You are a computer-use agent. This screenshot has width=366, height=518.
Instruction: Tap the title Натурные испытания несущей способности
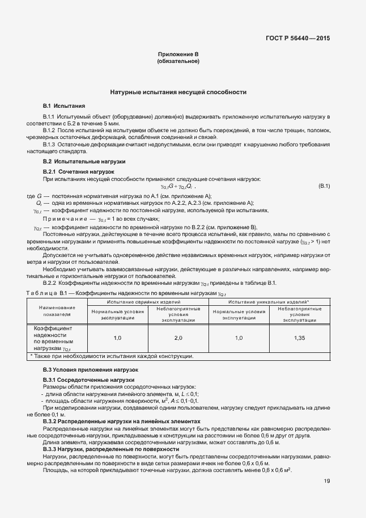[x=178, y=91]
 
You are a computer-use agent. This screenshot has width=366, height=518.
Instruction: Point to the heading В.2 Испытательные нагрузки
[x=84, y=162]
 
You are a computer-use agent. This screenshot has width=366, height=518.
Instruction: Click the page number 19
[x=327, y=482]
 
